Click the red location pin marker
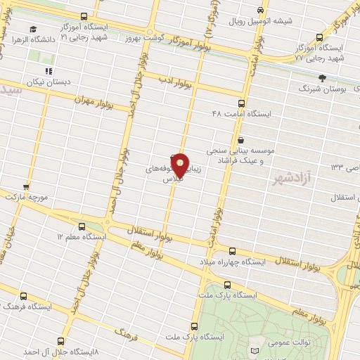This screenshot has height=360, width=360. [x=180, y=165]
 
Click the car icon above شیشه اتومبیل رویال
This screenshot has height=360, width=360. [x=260, y=10]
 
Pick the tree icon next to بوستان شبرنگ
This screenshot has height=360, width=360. [x=322, y=77]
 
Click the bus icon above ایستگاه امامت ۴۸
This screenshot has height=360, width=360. [x=242, y=102]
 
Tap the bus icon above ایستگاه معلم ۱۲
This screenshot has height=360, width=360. [x=83, y=226]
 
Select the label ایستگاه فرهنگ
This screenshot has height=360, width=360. [x=25, y=307]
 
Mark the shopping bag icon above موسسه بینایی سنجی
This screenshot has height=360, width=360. [x=241, y=139]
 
